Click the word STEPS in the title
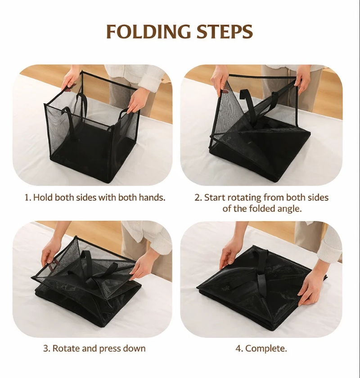[x=225, y=32]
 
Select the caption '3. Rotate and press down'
[x=94, y=348]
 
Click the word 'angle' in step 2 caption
[x=288, y=209]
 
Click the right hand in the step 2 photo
[x=303, y=81]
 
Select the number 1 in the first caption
[x=27, y=197]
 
